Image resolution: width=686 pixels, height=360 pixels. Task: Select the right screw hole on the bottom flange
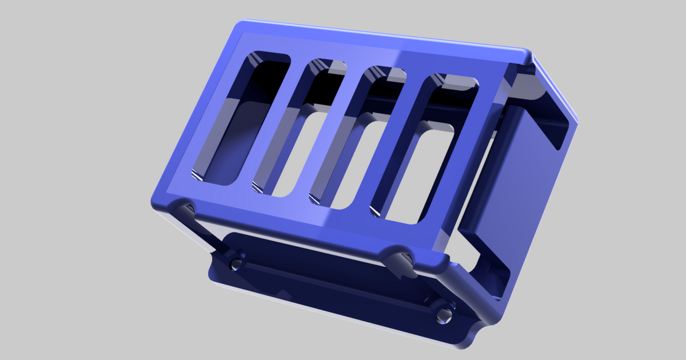point(444,314)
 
